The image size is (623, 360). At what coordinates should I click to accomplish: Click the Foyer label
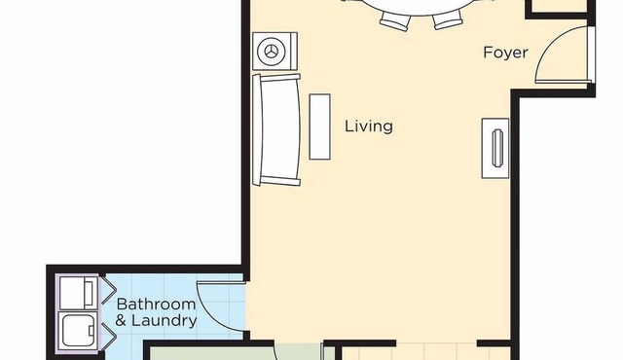505,53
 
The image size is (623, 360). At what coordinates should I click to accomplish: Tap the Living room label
369,126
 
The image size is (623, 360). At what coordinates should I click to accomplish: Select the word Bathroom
156,305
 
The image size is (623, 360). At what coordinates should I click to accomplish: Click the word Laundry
165,321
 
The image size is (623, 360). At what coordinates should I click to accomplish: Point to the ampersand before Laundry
121,320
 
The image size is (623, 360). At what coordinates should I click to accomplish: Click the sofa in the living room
276,129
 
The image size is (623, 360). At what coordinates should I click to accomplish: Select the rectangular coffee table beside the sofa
320,126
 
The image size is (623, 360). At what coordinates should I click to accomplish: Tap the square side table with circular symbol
275,52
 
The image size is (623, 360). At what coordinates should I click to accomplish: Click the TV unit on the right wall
495,148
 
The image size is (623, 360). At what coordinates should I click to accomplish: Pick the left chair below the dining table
394,20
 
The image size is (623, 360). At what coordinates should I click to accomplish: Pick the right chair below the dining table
448,19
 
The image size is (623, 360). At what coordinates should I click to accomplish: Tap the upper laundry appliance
79,293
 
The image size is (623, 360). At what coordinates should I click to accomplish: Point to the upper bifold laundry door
108,291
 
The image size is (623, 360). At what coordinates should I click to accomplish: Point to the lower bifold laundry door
108,337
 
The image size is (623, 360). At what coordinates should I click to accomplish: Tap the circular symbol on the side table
272,51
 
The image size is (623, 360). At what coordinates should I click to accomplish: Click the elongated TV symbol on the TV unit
497,148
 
